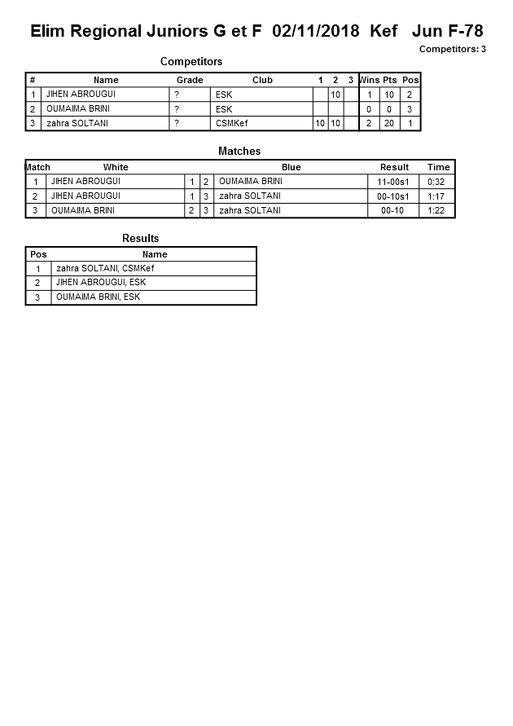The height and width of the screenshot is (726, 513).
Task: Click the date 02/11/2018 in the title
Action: click(x=316, y=32)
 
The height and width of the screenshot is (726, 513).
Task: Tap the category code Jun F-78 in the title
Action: click(x=447, y=32)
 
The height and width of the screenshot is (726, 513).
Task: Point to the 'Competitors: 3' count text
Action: click(x=452, y=50)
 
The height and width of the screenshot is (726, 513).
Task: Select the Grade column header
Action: click(x=190, y=80)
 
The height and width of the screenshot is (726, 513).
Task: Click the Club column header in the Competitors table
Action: click(x=262, y=80)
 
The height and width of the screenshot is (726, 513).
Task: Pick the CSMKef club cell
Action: click(x=232, y=123)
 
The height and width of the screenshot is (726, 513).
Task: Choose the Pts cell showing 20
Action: click(x=389, y=123)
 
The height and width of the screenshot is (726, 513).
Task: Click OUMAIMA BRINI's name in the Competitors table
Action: click(x=78, y=108)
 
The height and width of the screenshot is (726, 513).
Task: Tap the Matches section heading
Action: click(x=239, y=152)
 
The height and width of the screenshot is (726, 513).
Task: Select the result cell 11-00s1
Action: click(x=394, y=182)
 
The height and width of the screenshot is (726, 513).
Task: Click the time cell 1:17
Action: click(x=438, y=196)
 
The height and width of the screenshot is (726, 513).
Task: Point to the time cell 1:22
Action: click(x=438, y=210)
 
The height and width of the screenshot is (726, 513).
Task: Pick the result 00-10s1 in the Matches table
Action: click(x=394, y=196)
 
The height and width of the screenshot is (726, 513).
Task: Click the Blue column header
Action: click(x=291, y=167)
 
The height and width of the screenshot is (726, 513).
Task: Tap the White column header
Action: click(x=116, y=167)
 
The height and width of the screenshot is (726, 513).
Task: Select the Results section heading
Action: click(x=140, y=239)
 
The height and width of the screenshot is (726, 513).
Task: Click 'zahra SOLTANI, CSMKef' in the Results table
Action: click(x=105, y=268)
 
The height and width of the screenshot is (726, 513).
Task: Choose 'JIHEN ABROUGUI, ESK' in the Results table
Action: click(x=101, y=283)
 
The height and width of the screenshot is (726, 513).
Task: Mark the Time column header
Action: click(x=438, y=167)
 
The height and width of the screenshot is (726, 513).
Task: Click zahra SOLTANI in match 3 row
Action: click(x=250, y=210)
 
